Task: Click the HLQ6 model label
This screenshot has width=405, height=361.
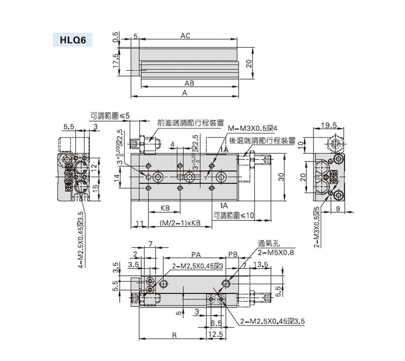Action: point(73,40)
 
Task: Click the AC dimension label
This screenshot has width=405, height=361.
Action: point(185,36)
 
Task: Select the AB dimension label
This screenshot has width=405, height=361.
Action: point(189,83)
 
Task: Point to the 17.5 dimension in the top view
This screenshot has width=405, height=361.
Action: point(116,61)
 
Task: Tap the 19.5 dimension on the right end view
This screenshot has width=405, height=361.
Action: point(329,125)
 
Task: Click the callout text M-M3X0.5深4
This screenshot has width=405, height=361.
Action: point(252,129)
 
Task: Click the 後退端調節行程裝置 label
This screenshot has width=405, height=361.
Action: point(263,140)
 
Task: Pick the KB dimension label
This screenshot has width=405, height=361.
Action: point(165,208)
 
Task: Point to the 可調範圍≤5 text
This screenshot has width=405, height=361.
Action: point(110,116)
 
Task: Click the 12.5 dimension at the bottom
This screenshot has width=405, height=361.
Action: point(216,334)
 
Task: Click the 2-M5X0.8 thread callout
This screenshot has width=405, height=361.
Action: point(271,253)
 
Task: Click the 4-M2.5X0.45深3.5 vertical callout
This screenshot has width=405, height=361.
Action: point(81,240)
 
